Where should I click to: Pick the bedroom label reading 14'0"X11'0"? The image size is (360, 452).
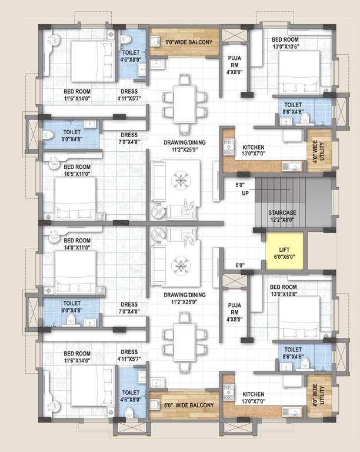pos(76,244)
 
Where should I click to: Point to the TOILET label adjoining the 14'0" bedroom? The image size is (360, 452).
pos(72,307)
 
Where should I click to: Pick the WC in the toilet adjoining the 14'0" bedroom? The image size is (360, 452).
pos(69,321)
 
